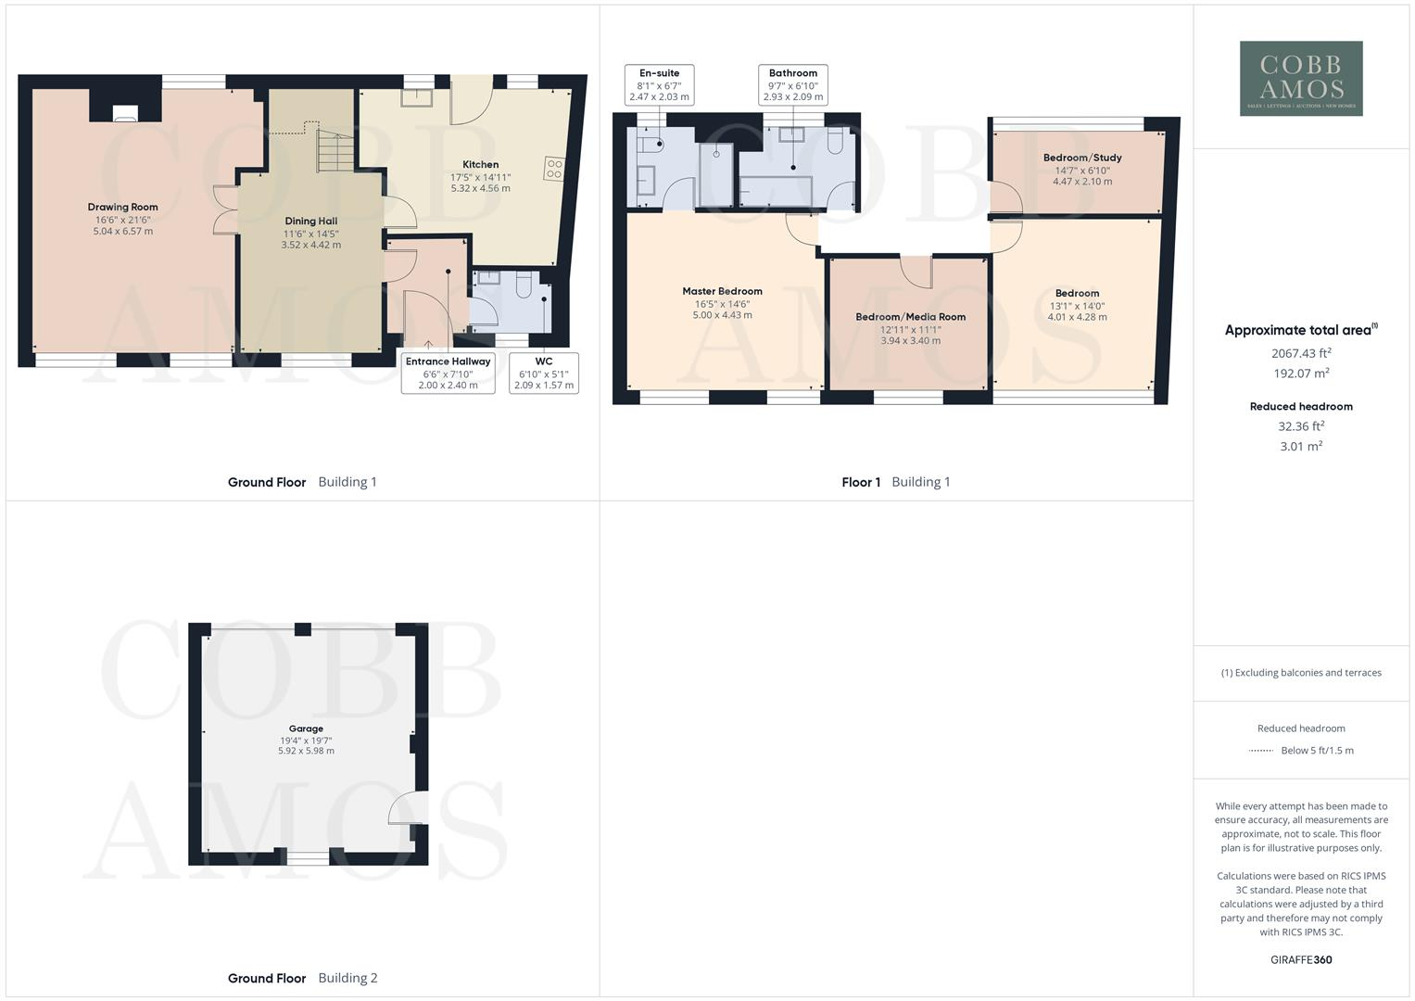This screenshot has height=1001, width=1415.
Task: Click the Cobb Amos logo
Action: (1301, 78)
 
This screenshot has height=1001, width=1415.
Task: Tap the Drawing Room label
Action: (123, 207)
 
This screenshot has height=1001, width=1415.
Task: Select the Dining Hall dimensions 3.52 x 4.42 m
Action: (311, 246)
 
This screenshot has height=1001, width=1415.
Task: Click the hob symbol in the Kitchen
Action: (554, 169)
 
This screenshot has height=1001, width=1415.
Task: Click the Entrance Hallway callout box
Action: (448, 373)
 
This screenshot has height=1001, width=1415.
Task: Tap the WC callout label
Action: (544, 373)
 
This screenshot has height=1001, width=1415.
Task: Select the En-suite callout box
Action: (659, 84)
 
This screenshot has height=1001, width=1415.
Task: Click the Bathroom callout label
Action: (793, 84)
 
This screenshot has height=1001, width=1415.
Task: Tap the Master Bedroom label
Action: (722, 291)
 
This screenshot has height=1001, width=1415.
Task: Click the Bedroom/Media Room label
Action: (910, 317)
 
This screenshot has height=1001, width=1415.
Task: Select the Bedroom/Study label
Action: (1082, 158)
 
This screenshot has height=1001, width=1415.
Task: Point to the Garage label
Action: (306, 729)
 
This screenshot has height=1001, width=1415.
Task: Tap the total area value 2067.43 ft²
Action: (1300, 353)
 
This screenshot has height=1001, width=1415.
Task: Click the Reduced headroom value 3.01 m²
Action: (1300, 447)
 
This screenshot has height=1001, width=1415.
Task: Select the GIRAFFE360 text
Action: (1300, 960)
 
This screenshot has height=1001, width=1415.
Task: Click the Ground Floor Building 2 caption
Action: (302, 978)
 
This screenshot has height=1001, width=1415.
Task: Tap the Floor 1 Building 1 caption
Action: (895, 482)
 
